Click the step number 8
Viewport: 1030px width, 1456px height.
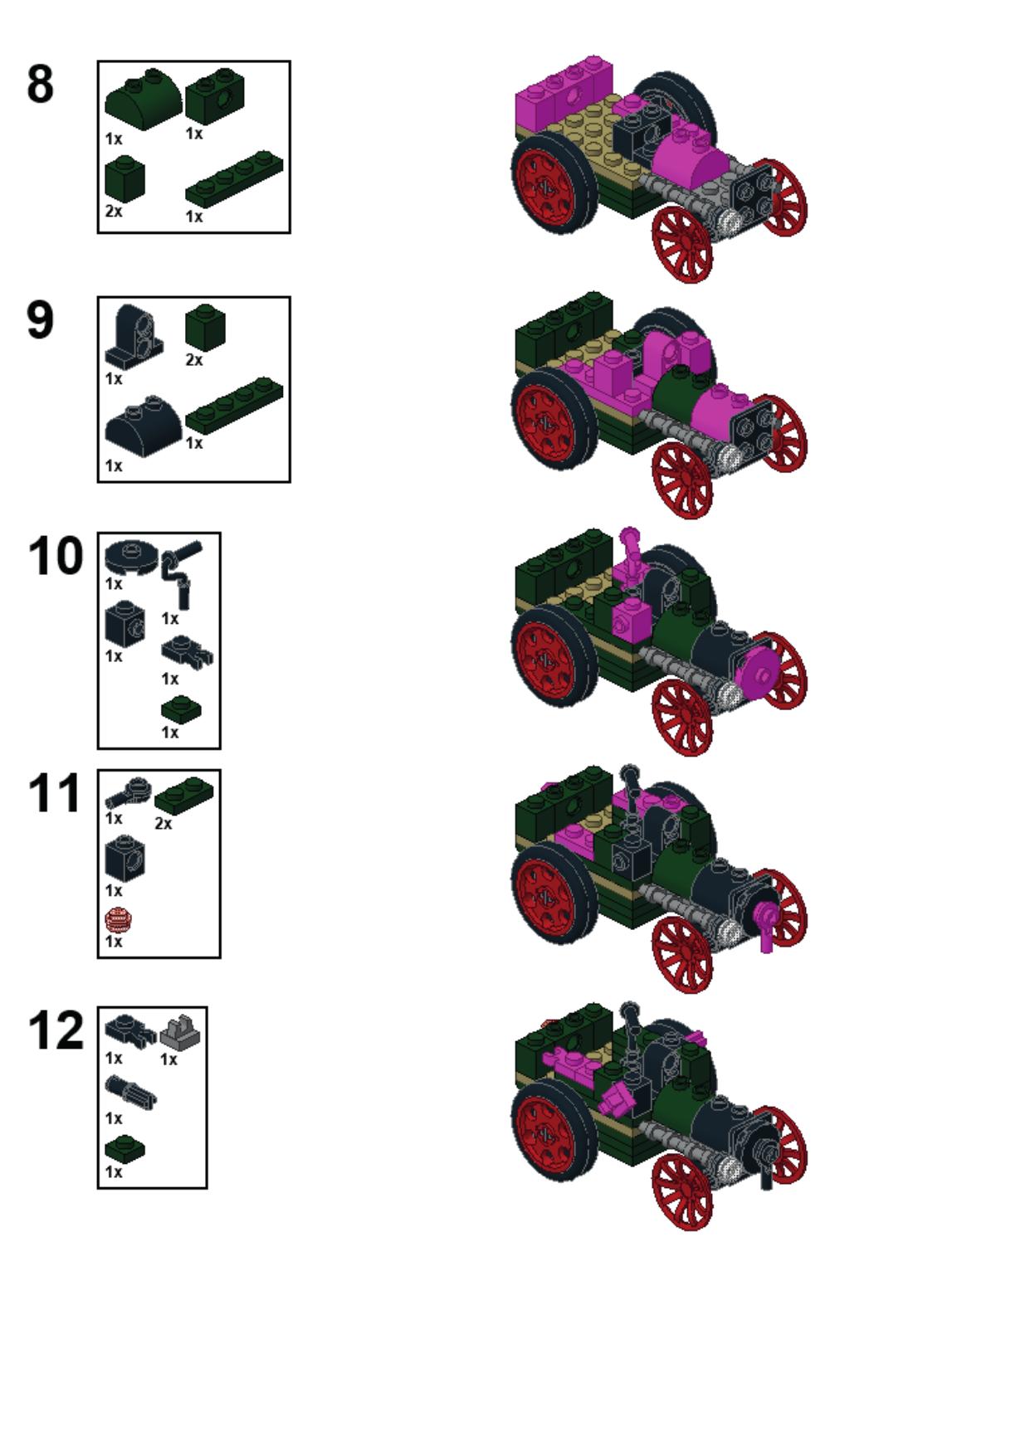tap(41, 85)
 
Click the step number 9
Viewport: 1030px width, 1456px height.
tap(41, 320)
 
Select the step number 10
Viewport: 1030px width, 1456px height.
tap(56, 556)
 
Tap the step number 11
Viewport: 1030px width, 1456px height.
tap(55, 793)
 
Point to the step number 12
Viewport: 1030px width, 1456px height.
tap(56, 1030)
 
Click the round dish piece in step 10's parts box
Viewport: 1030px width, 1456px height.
tap(131, 557)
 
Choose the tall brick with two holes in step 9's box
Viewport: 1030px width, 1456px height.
tap(134, 337)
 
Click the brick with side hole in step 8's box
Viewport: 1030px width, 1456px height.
tap(215, 98)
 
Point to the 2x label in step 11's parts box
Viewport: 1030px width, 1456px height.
tap(163, 824)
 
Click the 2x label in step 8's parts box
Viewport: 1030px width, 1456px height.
tap(114, 212)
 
